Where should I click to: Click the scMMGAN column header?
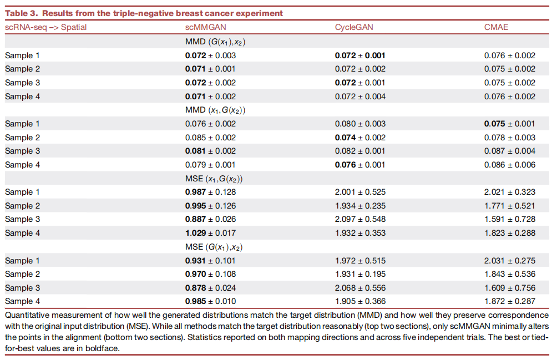tap(205, 27)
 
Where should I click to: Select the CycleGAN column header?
tap(354, 27)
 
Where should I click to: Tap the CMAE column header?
tap(496, 27)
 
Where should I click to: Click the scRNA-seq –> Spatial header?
tap(46, 27)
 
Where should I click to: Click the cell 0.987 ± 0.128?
tap(210, 192)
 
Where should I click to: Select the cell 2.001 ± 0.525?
tap(360, 192)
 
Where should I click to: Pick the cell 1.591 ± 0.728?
tap(510, 219)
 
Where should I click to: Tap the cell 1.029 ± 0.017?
tap(210, 233)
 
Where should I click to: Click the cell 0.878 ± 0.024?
tap(210, 287)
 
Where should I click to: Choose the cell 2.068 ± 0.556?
tap(360, 287)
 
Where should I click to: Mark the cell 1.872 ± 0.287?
tap(510, 301)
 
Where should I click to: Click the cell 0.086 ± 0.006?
tap(510, 165)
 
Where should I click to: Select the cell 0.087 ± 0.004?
tap(510, 151)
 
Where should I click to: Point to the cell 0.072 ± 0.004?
tap(360, 97)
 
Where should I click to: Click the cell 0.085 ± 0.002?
tap(210, 138)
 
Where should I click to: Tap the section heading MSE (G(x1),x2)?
tap(214, 247)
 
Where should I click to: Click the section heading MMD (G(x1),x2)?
tap(215, 42)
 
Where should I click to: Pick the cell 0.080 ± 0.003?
tap(360, 124)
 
